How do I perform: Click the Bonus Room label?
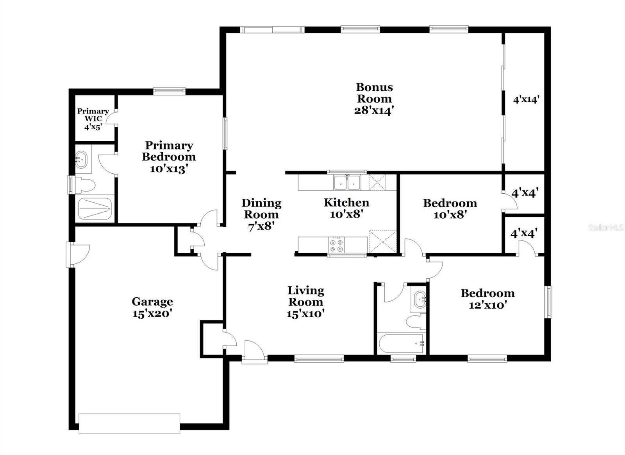(374, 93)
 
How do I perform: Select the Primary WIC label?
(93, 115)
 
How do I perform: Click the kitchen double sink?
(347, 182)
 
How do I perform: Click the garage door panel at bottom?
(129, 423)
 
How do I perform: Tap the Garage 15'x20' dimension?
(152, 313)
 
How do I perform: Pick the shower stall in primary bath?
(95, 209)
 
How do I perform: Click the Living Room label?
(305, 296)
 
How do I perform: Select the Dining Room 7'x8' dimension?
(261, 226)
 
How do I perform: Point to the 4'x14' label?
(526, 99)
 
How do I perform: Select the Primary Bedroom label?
(169, 151)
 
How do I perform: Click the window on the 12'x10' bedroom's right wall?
(549, 302)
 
